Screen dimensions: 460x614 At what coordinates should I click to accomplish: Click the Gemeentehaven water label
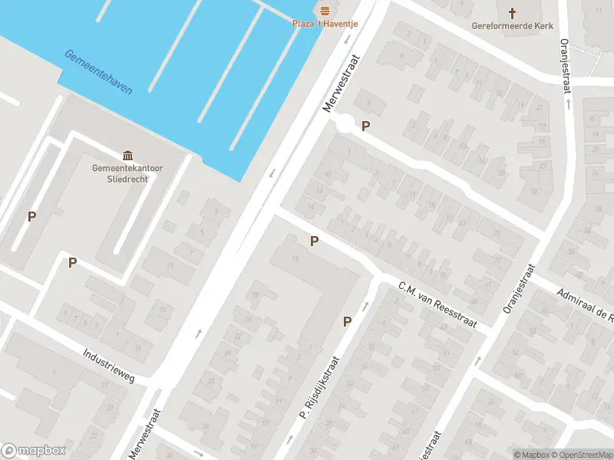pos(98,72)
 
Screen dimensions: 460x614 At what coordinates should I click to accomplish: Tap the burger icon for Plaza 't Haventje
pos(325,10)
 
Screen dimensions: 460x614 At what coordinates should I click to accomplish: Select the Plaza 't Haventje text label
pos(325,24)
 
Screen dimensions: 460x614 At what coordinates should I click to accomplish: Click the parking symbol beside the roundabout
pos(366,127)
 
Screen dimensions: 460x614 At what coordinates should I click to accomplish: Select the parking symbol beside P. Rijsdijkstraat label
pos(348,322)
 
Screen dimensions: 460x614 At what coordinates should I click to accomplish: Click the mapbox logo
pos(33,451)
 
